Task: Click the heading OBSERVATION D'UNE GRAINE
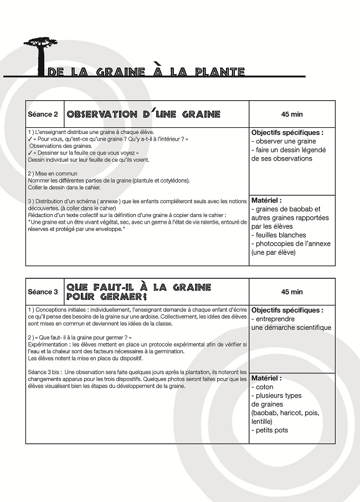pos(143,115)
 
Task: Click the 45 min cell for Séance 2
pos(292,115)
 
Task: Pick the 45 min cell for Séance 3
pos(292,292)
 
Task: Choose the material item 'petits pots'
pos(271,430)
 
